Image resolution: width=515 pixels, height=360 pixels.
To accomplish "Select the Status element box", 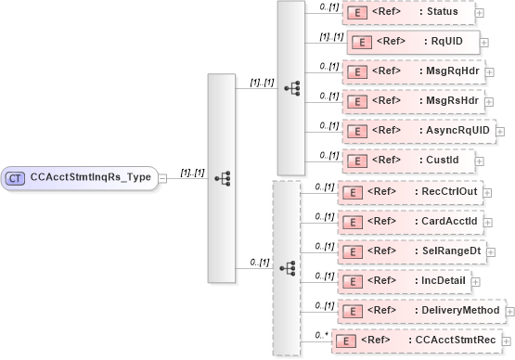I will [408, 12].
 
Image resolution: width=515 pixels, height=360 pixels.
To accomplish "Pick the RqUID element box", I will [413, 42].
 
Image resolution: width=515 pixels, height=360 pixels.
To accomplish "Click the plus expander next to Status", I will [479, 12].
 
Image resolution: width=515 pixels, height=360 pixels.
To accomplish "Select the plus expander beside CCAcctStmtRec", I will [507, 341].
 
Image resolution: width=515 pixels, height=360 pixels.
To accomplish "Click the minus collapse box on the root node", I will [162, 177].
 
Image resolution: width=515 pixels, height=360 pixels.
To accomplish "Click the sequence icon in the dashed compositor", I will [288, 267].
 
